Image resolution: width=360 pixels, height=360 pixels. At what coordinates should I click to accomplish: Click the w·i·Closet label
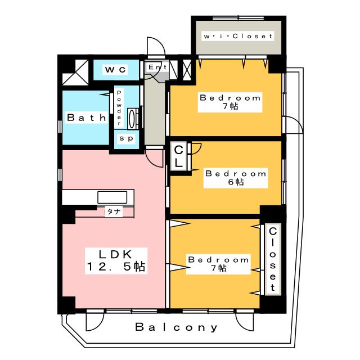(x=238, y=37)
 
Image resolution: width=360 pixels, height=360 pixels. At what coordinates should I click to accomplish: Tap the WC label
(x=116, y=69)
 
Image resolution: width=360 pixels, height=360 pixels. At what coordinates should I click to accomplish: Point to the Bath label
(x=87, y=118)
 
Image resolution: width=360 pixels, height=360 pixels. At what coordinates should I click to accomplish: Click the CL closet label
(x=178, y=157)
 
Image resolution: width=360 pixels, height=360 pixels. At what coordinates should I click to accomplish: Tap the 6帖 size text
(x=236, y=182)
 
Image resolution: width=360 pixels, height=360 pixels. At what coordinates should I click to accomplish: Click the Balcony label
(x=176, y=327)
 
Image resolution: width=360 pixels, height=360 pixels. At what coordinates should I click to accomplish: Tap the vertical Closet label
(x=273, y=259)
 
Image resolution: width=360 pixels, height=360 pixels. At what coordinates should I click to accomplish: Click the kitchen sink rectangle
(x=113, y=197)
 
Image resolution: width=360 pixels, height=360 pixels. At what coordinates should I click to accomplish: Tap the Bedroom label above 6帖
(x=236, y=173)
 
